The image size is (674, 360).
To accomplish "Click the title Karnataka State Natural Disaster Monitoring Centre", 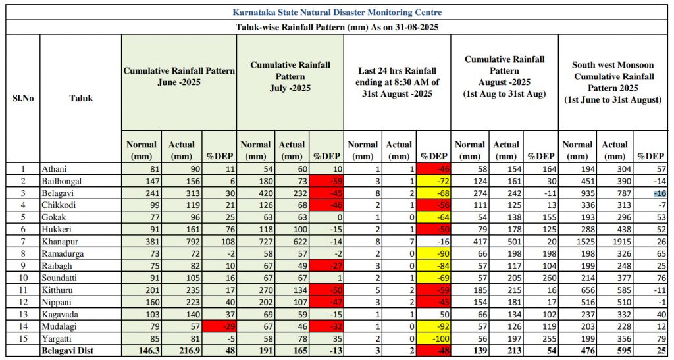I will (337, 13).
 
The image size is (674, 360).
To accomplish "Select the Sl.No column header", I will (23, 99).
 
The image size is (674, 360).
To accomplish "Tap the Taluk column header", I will (81, 99).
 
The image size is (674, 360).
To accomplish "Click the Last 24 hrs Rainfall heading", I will (397, 82).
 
